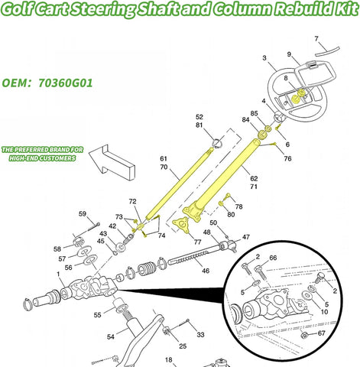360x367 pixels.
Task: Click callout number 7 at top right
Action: pyautogui.click(x=316, y=38)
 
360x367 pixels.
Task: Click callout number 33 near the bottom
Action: pyautogui.click(x=200, y=334)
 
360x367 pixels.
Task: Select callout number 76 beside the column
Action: pyautogui.click(x=287, y=158)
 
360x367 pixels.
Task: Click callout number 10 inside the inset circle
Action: pyautogui.click(x=325, y=311)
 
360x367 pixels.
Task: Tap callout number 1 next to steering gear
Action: pyautogui.click(x=59, y=274)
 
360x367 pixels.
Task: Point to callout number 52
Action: pyautogui.click(x=199, y=117)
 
